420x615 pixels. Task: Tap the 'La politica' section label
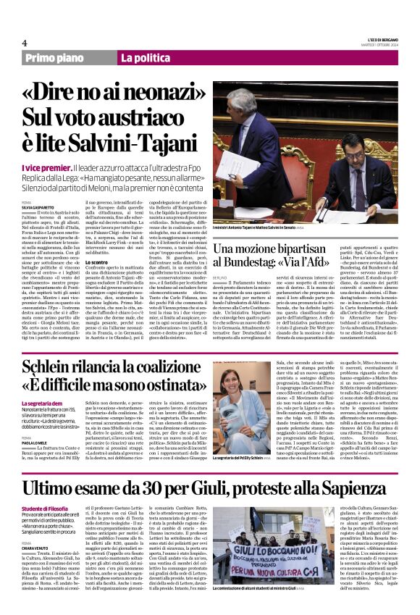146,57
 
